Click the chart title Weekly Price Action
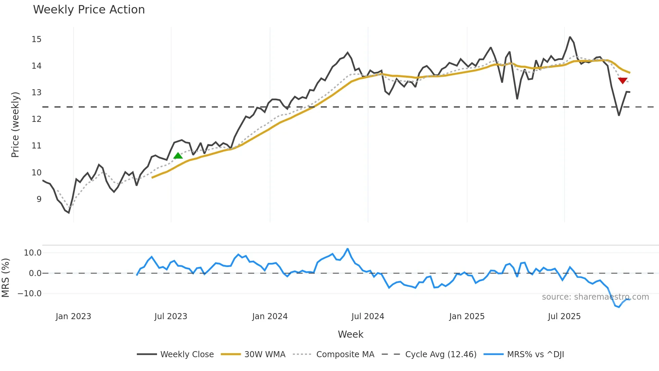tap(89, 10)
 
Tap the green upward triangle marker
tap(178, 156)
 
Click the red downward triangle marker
tap(623, 80)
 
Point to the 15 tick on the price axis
tap(37, 39)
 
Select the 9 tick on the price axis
tap(39, 199)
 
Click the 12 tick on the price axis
tap(37, 119)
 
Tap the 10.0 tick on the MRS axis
tap(33, 253)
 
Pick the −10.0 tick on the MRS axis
tap(30, 294)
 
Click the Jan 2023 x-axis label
tap(73, 316)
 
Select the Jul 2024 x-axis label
tap(367, 316)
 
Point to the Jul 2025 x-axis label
tap(564, 316)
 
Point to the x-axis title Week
tap(350, 334)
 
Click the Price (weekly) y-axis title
tap(15, 125)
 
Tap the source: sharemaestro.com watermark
tap(595, 297)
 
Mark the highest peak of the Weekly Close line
tap(570, 37)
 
